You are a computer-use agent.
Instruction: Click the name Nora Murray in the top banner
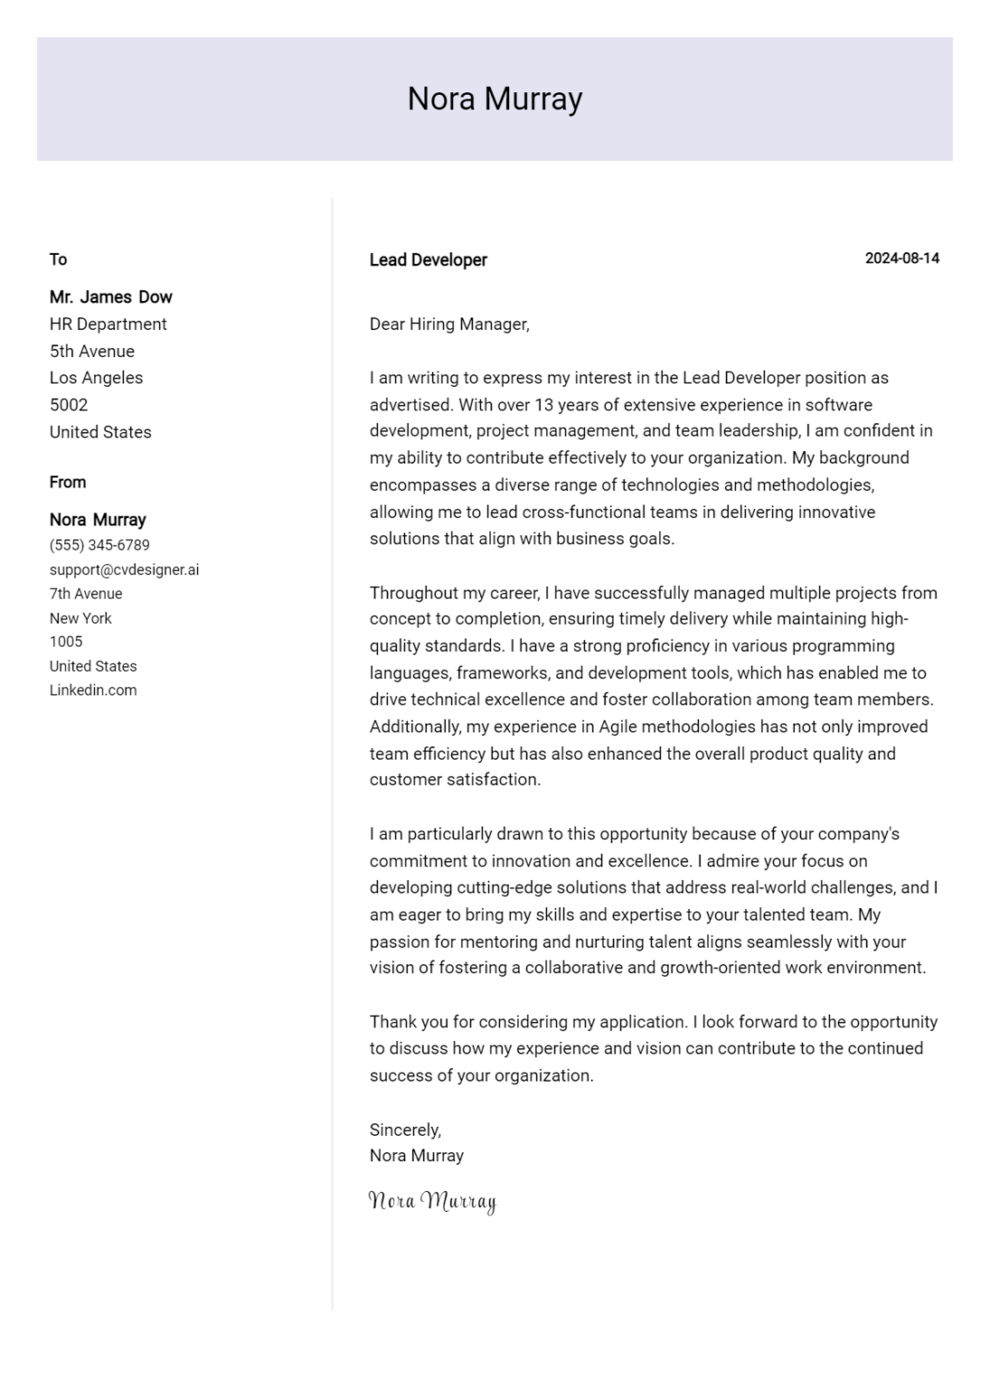click(495, 99)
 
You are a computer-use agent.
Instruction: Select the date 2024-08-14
click(901, 259)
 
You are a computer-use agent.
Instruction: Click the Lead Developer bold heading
click(428, 260)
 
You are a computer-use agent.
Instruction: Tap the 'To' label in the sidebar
click(58, 260)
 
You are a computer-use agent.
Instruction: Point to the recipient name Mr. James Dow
click(110, 298)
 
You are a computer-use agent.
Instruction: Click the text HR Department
click(108, 324)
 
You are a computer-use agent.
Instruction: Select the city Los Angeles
click(96, 378)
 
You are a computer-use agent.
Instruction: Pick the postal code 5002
click(69, 405)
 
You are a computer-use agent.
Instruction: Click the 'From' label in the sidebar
click(68, 483)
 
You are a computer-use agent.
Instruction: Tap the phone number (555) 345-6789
click(99, 545)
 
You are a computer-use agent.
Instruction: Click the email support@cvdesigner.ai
click(124, 570)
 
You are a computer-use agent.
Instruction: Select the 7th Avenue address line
click(86, 594)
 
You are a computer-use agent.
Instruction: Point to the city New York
click(80, 619)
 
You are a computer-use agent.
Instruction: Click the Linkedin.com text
click(93, 690)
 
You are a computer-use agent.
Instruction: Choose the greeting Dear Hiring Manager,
click(449, 325)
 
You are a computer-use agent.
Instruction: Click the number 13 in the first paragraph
click(543, 405)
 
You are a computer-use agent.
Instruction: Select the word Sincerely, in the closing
click(405, 1129)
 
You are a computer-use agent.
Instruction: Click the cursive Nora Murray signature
click(432, 1202)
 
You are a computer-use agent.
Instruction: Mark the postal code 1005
click(66, 642)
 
